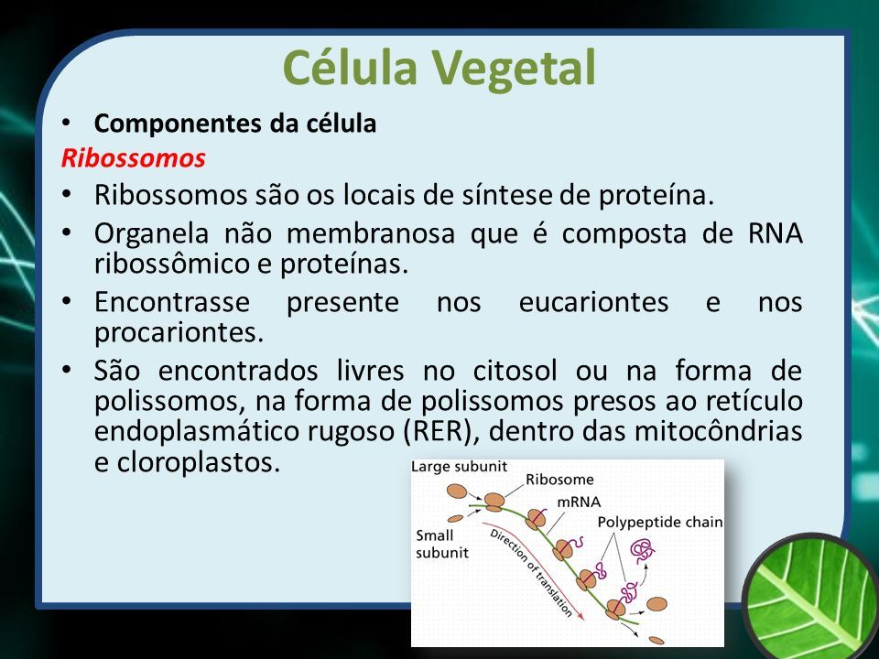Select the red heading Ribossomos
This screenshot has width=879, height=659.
[x=134, y=158]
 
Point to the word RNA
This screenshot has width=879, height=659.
[x=775, y=233]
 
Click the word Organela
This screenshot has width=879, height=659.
[x=151, y=234]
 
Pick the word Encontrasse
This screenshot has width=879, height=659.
[x=171, y=303]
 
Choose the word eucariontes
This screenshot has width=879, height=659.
[x=593, y=303]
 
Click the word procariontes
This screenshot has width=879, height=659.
[x=179, y=333]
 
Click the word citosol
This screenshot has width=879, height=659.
[x=515, y=371]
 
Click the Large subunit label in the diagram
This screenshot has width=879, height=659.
[x=459, y=467]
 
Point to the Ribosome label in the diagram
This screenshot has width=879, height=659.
[x=559, y=480]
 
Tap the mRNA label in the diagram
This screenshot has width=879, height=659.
[x=579, y=502]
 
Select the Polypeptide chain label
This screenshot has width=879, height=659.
[x=660, y=523]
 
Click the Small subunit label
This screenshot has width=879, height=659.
[x=441, y=544]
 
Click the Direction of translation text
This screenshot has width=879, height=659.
[x=531, y=573]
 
